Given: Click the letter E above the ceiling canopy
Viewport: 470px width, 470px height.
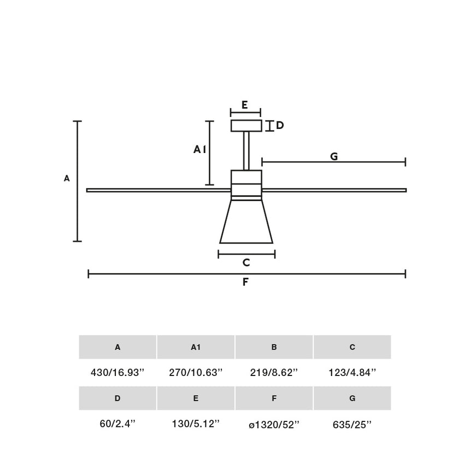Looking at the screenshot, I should [245, 105].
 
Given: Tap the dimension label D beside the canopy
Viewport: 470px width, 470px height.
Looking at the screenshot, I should [280, 126].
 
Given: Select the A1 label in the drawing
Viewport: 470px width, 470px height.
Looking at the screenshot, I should [200, 149].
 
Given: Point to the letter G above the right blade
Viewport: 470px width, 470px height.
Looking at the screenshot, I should [334, 156].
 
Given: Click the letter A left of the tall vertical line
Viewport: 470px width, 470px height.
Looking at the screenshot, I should [67, 178].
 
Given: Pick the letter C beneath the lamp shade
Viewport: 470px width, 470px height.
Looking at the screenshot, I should [246, 263].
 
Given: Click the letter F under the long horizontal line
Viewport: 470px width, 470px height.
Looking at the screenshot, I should [246, 282].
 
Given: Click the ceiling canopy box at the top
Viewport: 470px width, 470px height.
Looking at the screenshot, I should [246, 126].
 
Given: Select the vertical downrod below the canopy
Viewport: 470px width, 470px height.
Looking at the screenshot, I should [246, 151].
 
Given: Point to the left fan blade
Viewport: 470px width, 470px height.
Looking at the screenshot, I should [158, 190].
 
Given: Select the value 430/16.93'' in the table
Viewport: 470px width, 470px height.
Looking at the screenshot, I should [117, 373].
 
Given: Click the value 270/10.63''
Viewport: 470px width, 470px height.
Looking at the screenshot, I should [196, 373].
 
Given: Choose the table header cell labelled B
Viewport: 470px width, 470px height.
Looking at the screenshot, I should [274, 347].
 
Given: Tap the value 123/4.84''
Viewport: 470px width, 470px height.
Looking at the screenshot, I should [352, 373].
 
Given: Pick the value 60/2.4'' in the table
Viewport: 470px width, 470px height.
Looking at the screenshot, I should [117, 424].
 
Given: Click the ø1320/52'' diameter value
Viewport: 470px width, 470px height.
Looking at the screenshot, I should [274, 425].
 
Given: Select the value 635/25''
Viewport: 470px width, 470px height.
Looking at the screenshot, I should [352, 425].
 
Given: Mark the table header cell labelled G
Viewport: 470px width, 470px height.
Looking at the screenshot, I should [352, 398].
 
